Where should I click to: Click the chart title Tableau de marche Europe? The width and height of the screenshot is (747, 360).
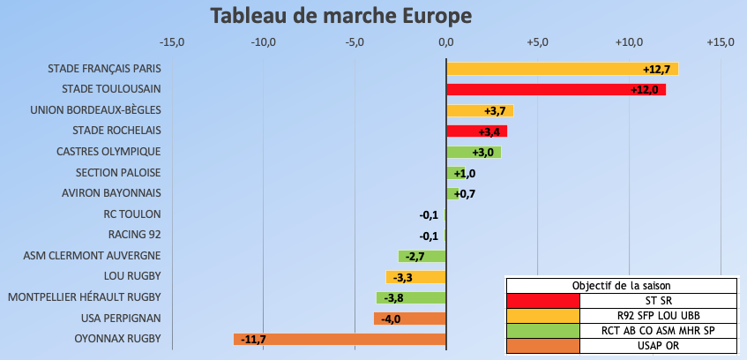(340, 16)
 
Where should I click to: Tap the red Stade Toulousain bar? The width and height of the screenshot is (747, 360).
(538, 89)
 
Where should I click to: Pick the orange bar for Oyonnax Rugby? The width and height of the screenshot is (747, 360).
(353, 339)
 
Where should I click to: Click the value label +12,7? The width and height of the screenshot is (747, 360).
(657, 69)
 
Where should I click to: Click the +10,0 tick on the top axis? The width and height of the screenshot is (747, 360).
(629, 42)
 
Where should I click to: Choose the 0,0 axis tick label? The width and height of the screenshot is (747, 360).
(446, 42)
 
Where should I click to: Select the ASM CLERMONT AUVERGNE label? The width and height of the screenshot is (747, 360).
(92, 256)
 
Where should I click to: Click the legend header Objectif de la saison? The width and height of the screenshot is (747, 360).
(621, 285)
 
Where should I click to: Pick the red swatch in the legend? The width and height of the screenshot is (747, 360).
(542, 300)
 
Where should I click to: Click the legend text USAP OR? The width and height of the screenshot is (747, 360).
(658, 345)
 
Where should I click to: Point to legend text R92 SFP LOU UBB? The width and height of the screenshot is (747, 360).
(658, 315)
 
